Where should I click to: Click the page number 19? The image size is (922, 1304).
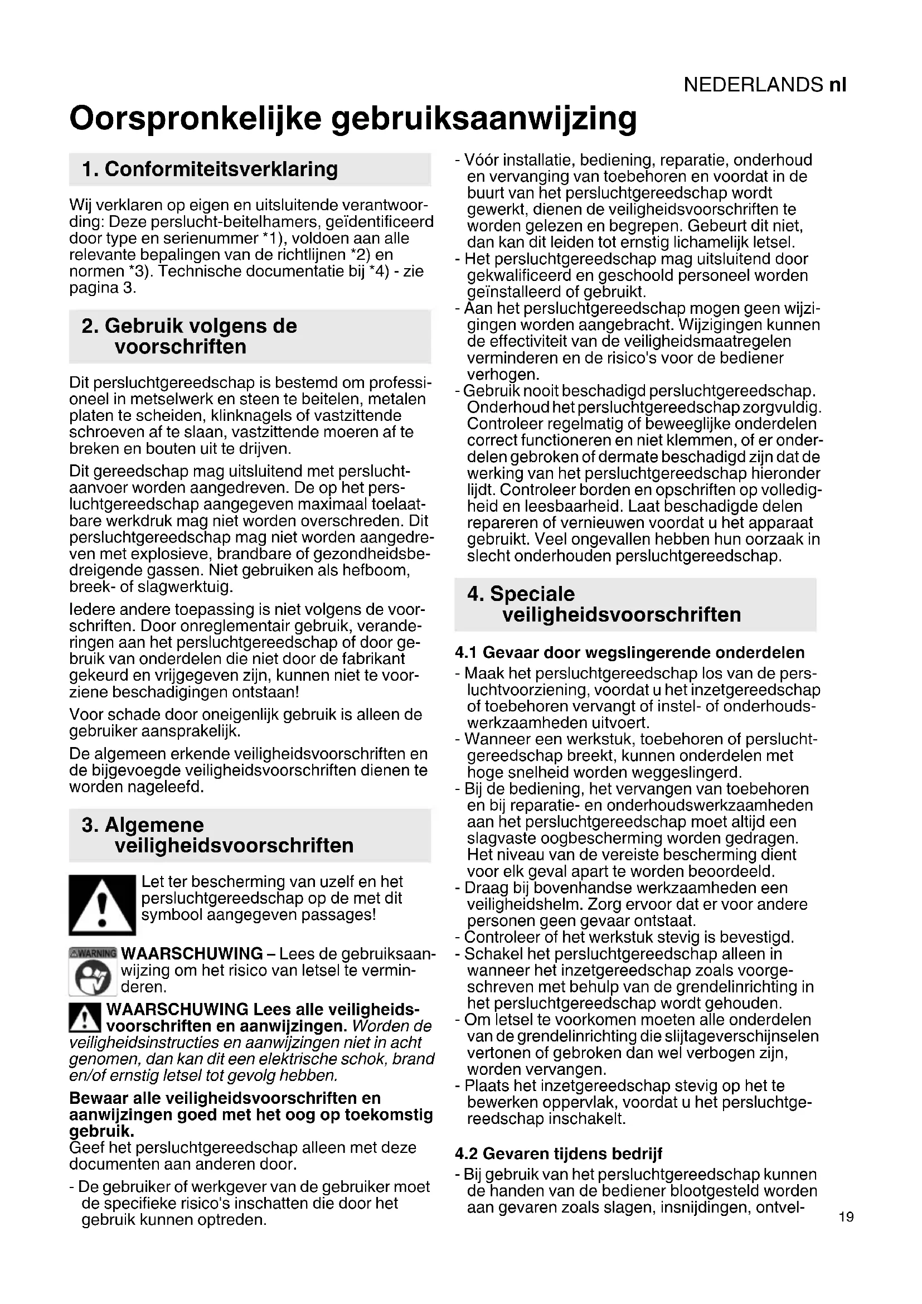click(x=846, y=1217)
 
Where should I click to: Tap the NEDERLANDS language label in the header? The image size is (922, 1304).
click(x=753, y=85)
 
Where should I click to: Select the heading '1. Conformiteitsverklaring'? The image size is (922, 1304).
click(x=210, y=169)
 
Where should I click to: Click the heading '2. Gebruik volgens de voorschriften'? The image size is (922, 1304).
click(x=189, y=336)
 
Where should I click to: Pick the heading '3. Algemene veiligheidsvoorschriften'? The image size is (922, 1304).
click(x=217, y=835)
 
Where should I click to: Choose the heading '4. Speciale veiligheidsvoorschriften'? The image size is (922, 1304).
click(x=604, y=604)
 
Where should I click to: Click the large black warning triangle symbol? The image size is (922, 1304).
click(x=102, y=905)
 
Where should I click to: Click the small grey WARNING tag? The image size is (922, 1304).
click(x=93, y=952)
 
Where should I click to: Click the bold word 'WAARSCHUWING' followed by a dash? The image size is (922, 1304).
click(x=192, y=953)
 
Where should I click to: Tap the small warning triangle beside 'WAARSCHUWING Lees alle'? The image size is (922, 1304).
click(x=85, y=1017)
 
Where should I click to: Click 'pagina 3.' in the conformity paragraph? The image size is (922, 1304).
click(x=102, y=288)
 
